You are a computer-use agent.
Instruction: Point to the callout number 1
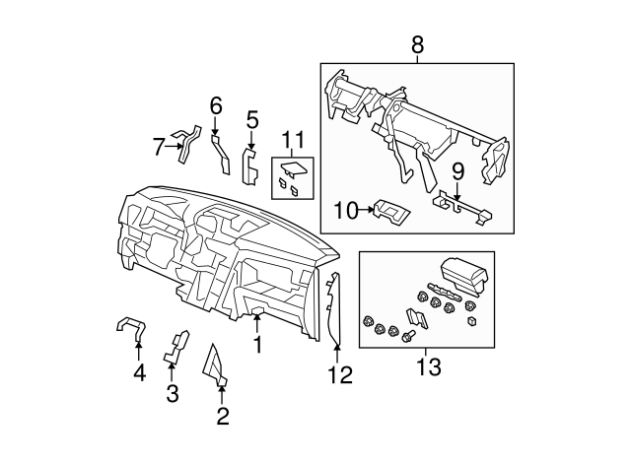[x=257, y=345]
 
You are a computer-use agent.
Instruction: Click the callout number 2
[x=223, y=417]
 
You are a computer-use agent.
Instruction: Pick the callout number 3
[x=173, y=395]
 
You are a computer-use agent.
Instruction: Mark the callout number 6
[x=216, y=104]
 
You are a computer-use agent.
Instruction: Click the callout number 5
[x=251, y=120]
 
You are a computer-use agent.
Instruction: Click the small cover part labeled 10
[x=388, y=209]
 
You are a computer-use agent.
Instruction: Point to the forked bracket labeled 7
[x=184, y=142]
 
